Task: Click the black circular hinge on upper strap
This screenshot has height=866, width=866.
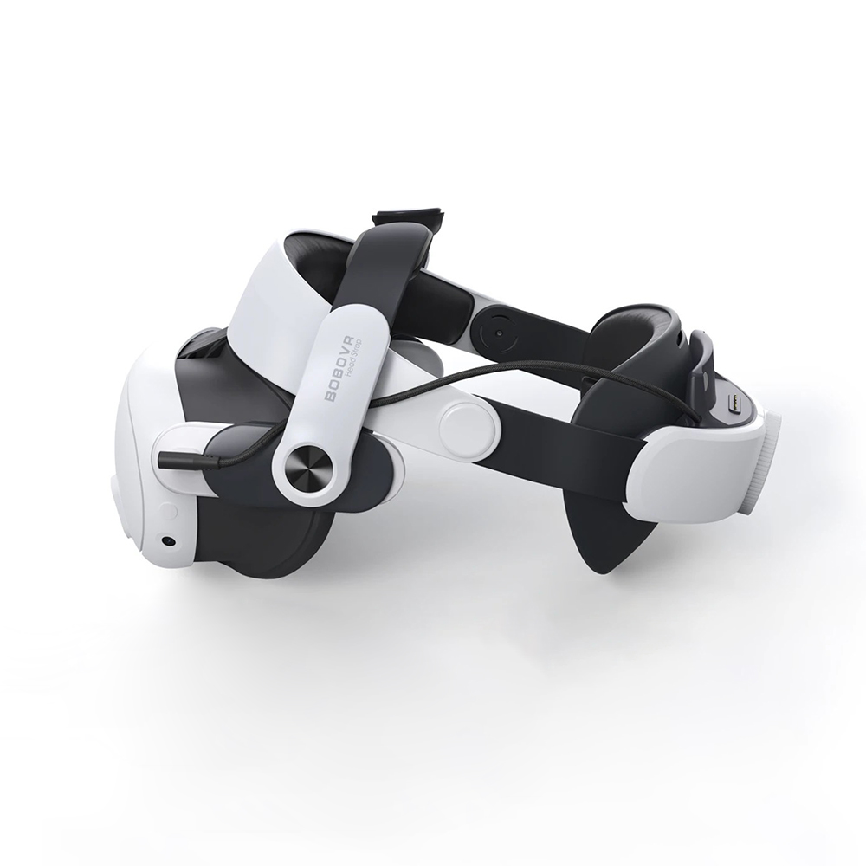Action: click(x=500, y=333)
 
